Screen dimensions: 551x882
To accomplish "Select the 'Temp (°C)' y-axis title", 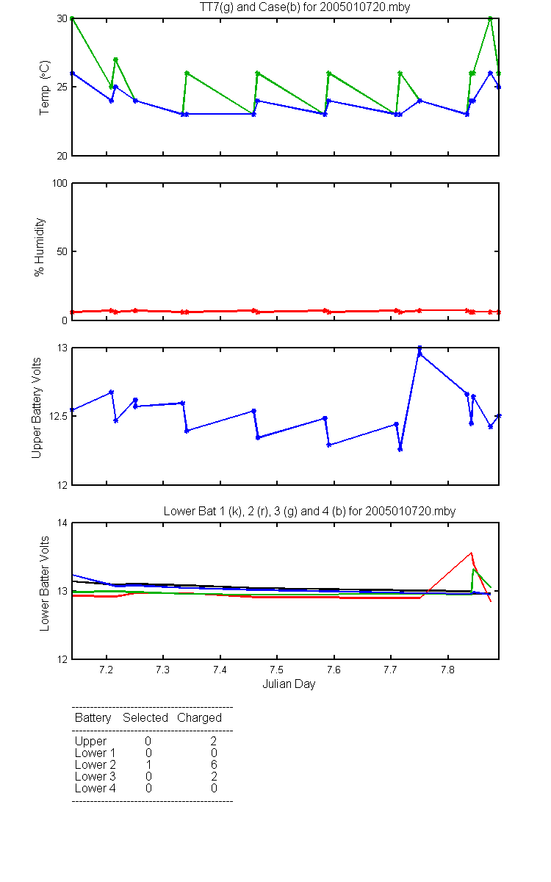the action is click(45, 87).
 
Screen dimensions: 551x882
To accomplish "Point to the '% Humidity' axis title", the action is click(39, 247).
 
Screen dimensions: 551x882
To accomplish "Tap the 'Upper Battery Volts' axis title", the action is click(36, 408).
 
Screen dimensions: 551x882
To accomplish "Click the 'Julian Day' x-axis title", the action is click(289, 684).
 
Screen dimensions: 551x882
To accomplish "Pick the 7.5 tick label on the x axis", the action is click(277, 670).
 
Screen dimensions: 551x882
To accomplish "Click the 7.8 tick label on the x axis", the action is click(448, 670).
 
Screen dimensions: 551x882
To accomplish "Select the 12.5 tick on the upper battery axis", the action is click(58, 416).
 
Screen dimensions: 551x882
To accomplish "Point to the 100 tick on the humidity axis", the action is click(60, 183).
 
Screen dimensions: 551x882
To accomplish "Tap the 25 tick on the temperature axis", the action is click(62, 87).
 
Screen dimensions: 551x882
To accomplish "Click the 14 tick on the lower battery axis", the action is click(62, 523).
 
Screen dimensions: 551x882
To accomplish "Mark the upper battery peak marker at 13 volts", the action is click(419, 348).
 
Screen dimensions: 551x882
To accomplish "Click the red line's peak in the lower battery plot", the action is click(471, 553).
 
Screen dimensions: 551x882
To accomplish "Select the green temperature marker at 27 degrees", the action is click(116, 60).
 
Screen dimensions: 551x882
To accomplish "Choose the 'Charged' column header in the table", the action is click(199, 718).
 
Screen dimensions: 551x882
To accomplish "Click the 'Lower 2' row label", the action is click(96, 764).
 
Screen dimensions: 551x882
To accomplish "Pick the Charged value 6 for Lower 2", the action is click(214, 764).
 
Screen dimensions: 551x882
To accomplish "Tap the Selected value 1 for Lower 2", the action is click(148, 764).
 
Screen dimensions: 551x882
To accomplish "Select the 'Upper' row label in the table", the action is click(90, 742).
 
